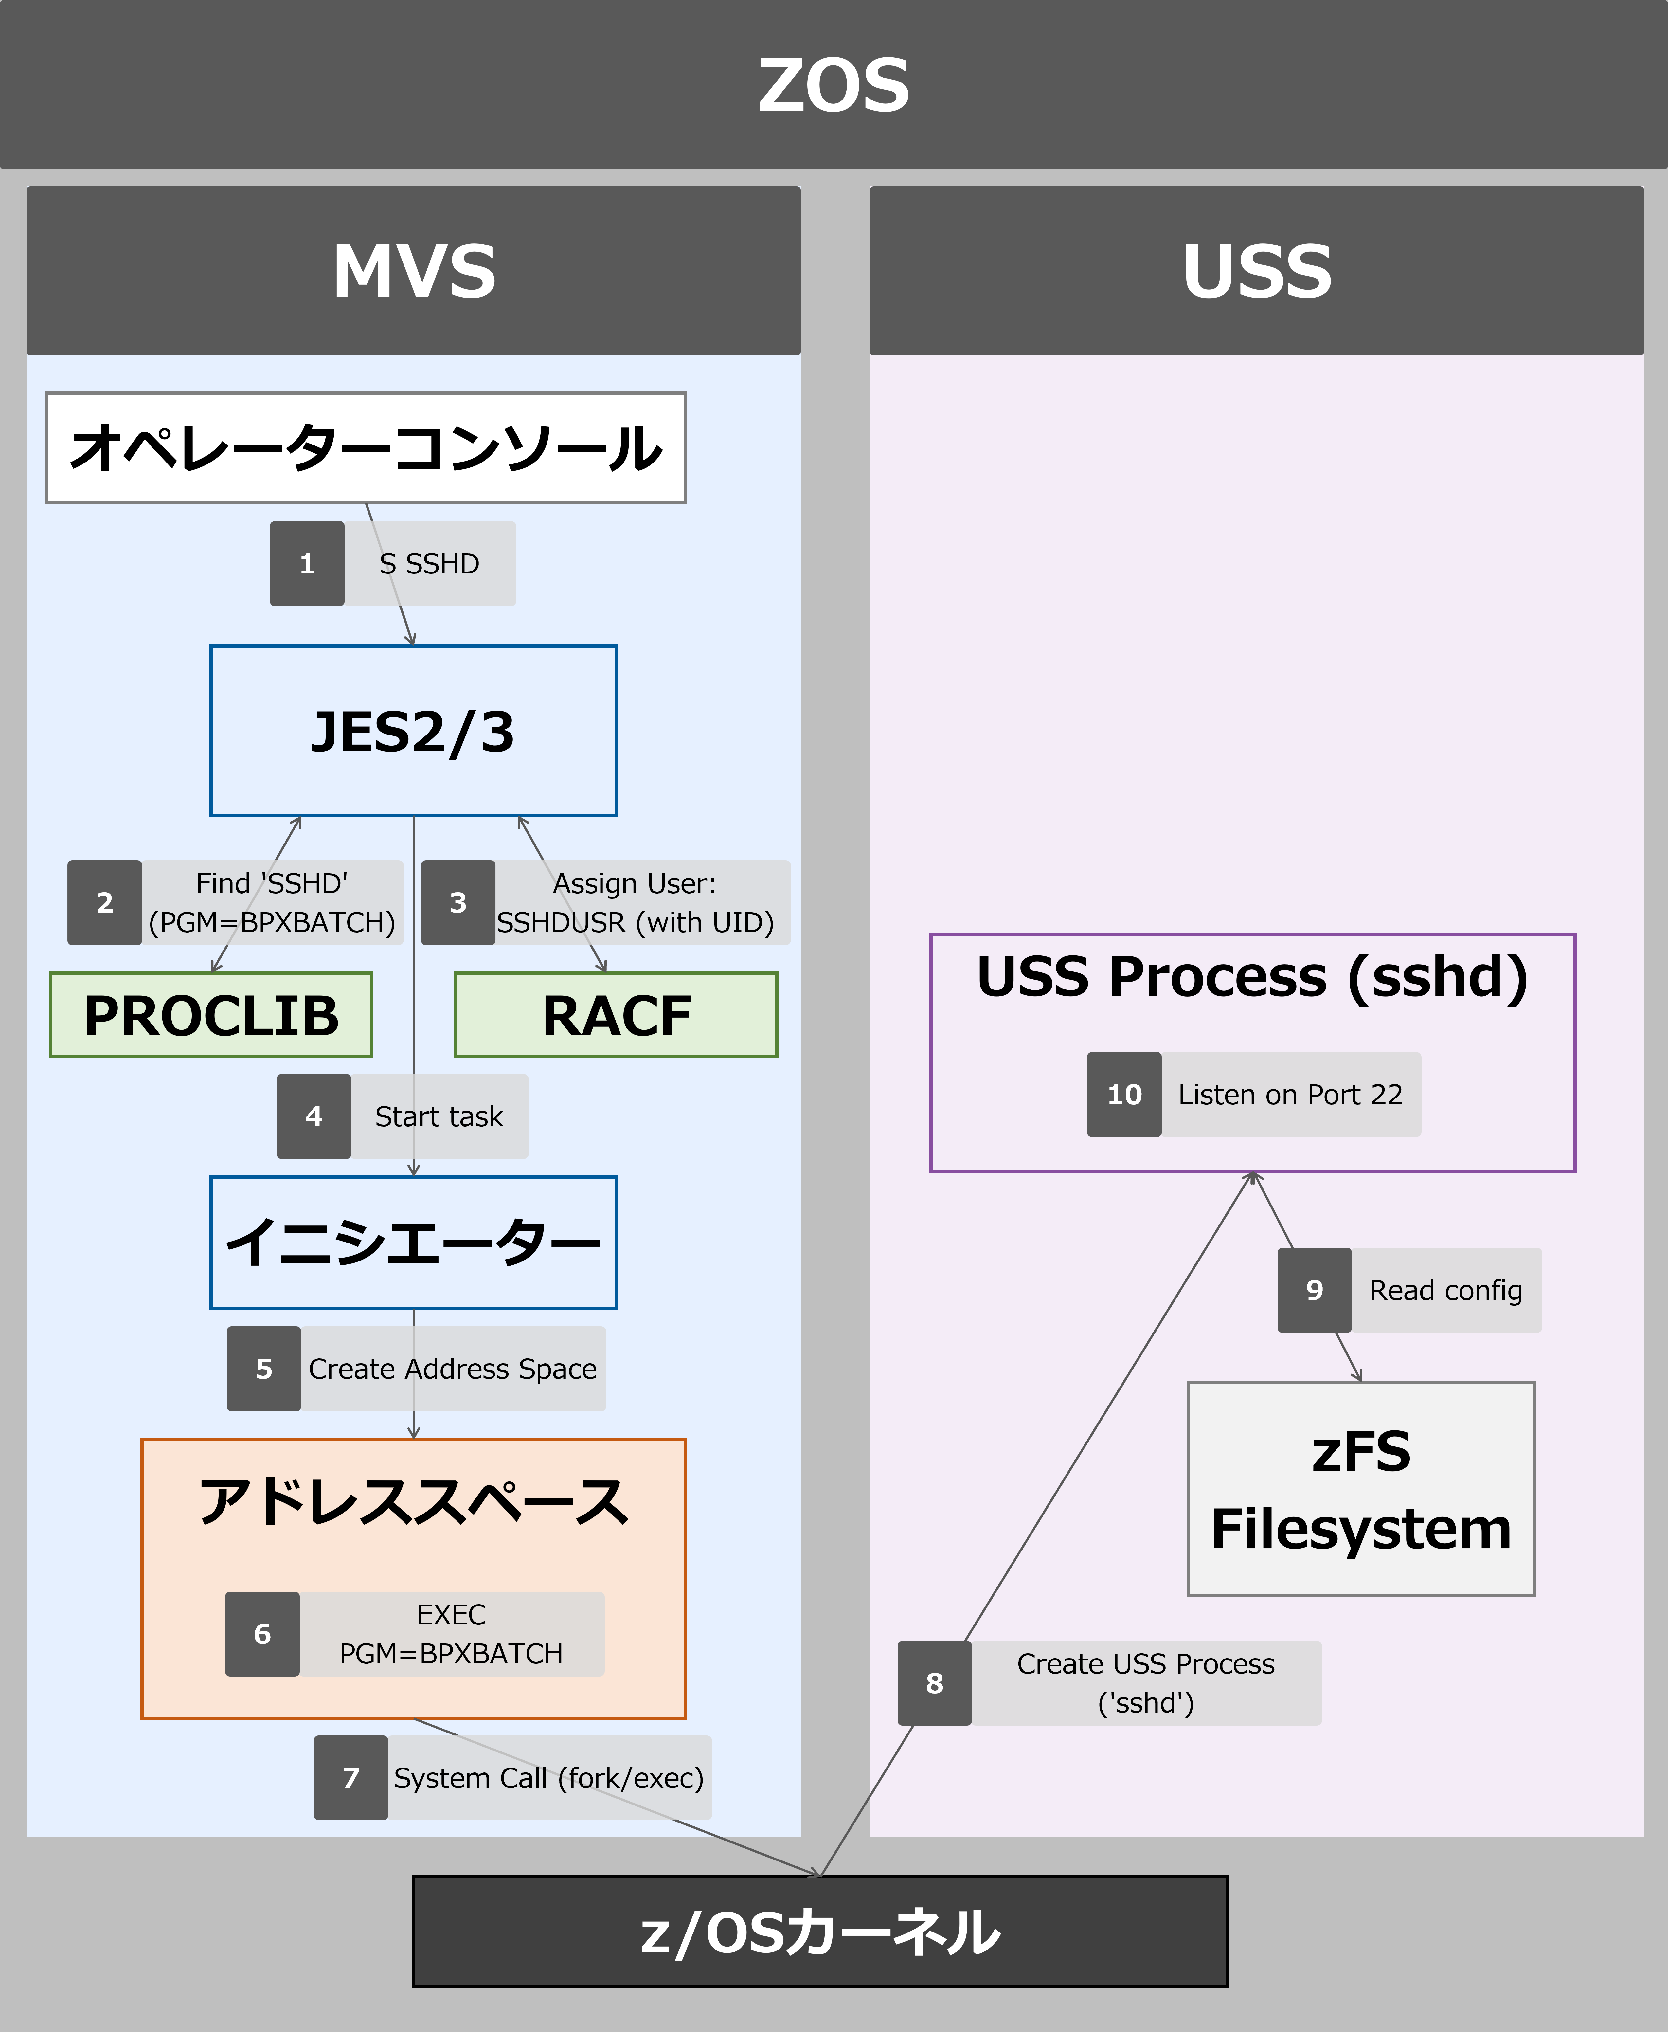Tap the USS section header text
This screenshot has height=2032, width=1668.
pyautogui.click(x=1257, y=271)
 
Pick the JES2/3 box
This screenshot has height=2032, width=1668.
pyautogui.click(x=413, y=731)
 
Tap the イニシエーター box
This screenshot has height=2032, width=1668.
pyautogui.click(x=413, y=1242)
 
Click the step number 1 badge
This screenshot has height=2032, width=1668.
pyautogui.click(x=307, y=564)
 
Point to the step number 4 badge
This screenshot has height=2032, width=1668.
pyautogui.click(x=313, y=1116)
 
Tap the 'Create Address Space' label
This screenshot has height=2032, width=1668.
pyautogui.click(x=453, y=1369)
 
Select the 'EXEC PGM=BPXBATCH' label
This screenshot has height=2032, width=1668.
pyautogui.click(x=452, y=1634)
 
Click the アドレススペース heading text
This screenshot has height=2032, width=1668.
pyautogui.click(x=413, y=1502)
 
